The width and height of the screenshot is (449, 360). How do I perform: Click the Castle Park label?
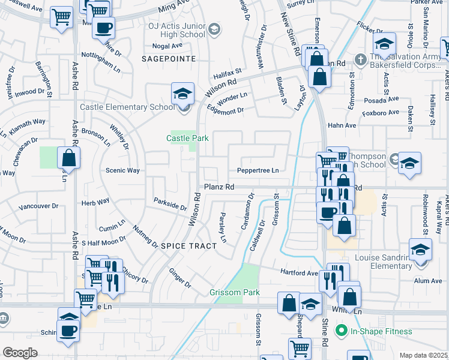coord(187,138)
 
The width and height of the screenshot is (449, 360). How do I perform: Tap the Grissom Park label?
coord(234,293)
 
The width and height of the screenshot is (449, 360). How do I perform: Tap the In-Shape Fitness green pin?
coord(342,331)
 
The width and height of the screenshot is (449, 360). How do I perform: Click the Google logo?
coord(20,353)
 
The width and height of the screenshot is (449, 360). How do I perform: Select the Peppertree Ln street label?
coord(258,170)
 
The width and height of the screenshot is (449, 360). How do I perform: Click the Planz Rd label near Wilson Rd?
coord(218,187)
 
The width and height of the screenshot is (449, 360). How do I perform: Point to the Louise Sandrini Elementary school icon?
coord(420,250)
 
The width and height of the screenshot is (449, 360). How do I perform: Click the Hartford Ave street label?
coord(300,272)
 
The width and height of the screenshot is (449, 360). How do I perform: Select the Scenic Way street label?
coord(122,170)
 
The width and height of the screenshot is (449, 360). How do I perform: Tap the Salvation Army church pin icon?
coord(360,59)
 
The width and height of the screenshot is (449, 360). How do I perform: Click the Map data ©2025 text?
coord(423,355)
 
